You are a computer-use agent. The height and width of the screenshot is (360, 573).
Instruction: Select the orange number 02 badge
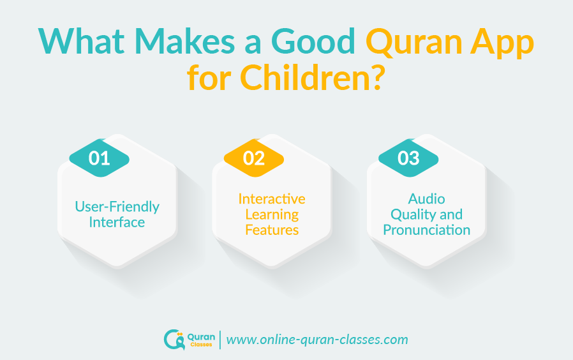pos(254,158)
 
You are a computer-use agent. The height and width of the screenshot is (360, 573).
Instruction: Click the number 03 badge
pos(408,158)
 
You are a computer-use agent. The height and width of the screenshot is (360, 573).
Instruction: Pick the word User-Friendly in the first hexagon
pos(117,207)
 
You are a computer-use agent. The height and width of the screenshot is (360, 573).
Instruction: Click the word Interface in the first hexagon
pos(117,222)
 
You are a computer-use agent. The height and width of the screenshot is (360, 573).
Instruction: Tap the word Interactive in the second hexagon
pos(272,199)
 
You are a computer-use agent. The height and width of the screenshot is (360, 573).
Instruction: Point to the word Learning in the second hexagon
pos(272,214)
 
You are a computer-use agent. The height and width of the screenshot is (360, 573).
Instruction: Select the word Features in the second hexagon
pos(272,230)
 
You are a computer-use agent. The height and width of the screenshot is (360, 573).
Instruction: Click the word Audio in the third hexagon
pos(427,199)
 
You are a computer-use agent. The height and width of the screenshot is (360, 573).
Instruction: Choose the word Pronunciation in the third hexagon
pos(427,230)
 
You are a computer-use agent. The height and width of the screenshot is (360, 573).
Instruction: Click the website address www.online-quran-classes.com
pos(317,340)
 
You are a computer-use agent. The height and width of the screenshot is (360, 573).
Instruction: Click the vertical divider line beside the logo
pos(220,339)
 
